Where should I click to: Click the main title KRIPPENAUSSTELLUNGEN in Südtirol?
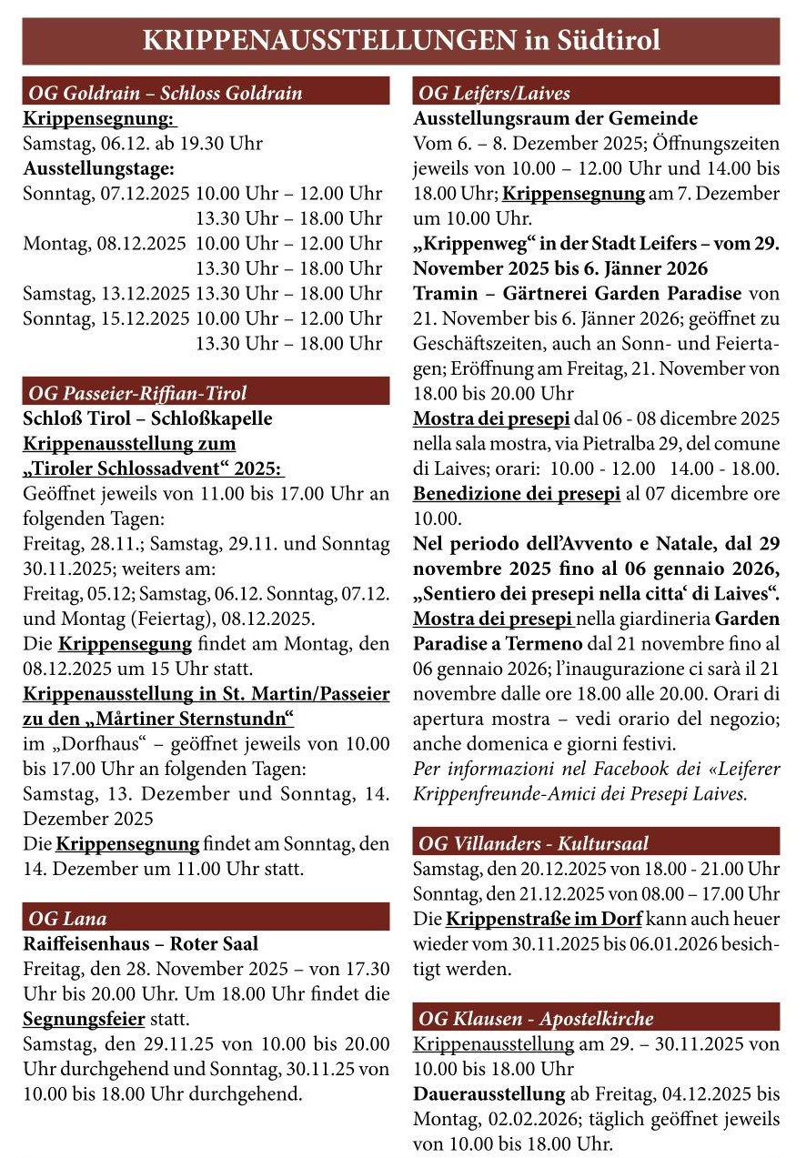point(401,41)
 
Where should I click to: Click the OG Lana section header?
point(68,918)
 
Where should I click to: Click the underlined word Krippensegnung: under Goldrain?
point(99,119)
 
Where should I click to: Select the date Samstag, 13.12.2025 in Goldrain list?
point(106,294)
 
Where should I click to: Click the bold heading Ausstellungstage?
point(98,169)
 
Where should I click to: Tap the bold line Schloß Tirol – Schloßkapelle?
point(147,419)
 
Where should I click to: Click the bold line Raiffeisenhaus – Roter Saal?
point(140,944)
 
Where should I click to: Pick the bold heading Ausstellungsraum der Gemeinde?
point(556,119)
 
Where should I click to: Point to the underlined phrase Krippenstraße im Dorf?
point(544,918)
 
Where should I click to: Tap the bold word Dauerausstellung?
point(489,1093)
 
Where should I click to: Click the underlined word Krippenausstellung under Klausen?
point(489,1043)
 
